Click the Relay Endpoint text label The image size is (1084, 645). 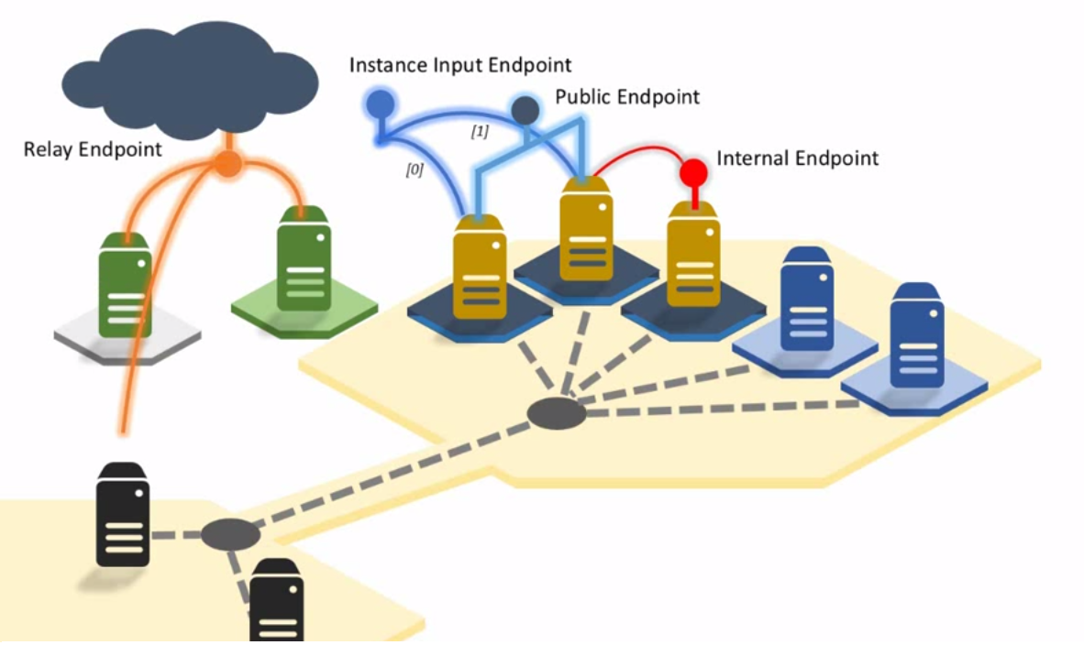93,148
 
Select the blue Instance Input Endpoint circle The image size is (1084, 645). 379,105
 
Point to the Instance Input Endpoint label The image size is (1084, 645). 460,65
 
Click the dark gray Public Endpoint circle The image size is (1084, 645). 525,110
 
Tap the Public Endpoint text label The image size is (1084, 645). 627,96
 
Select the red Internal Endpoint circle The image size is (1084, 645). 693,171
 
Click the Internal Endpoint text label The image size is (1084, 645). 797,159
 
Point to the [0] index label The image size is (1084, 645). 414,169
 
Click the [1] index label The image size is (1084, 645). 479,132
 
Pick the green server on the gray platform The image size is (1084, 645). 126,284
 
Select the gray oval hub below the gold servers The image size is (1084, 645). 557,414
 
